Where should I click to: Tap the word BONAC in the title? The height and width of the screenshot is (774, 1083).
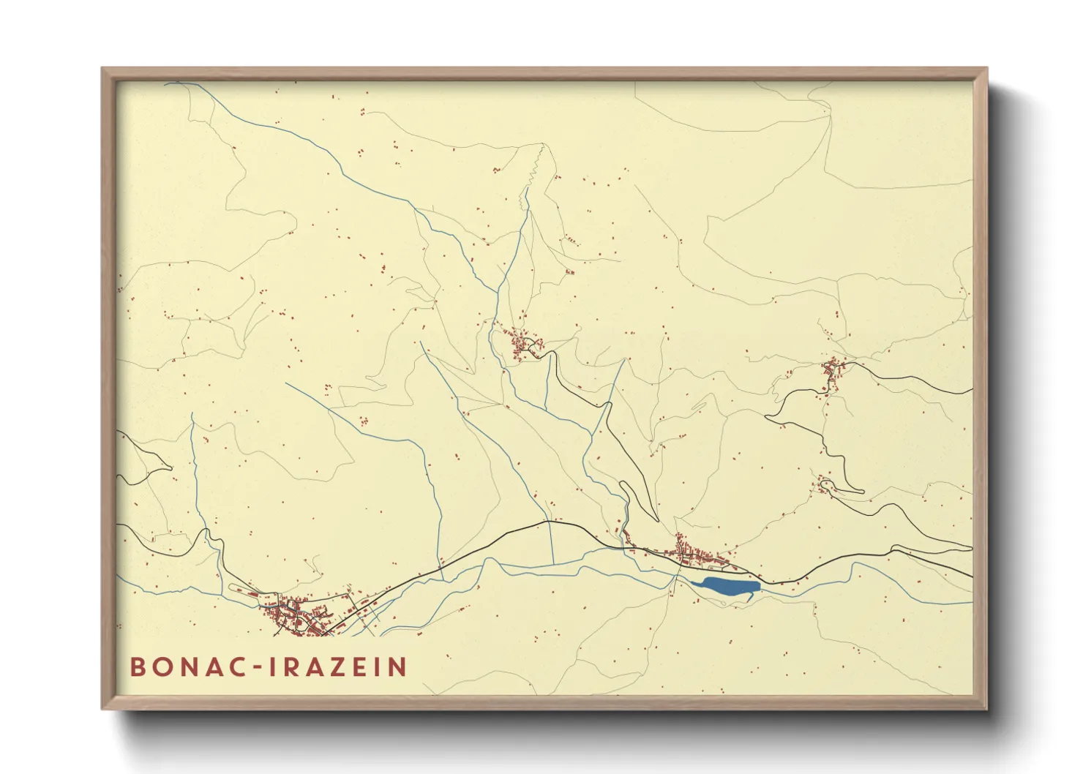(x=189, y=667)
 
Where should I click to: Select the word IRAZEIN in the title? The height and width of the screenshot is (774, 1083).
(x=338, y=667)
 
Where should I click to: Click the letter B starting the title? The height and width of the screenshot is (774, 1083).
(x=137, y=667)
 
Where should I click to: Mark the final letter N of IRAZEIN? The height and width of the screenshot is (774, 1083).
(x=397, y=667)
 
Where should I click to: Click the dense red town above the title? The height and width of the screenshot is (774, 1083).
(x=296, y=615)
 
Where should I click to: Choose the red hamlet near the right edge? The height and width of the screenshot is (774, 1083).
(x=833, y=372)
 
